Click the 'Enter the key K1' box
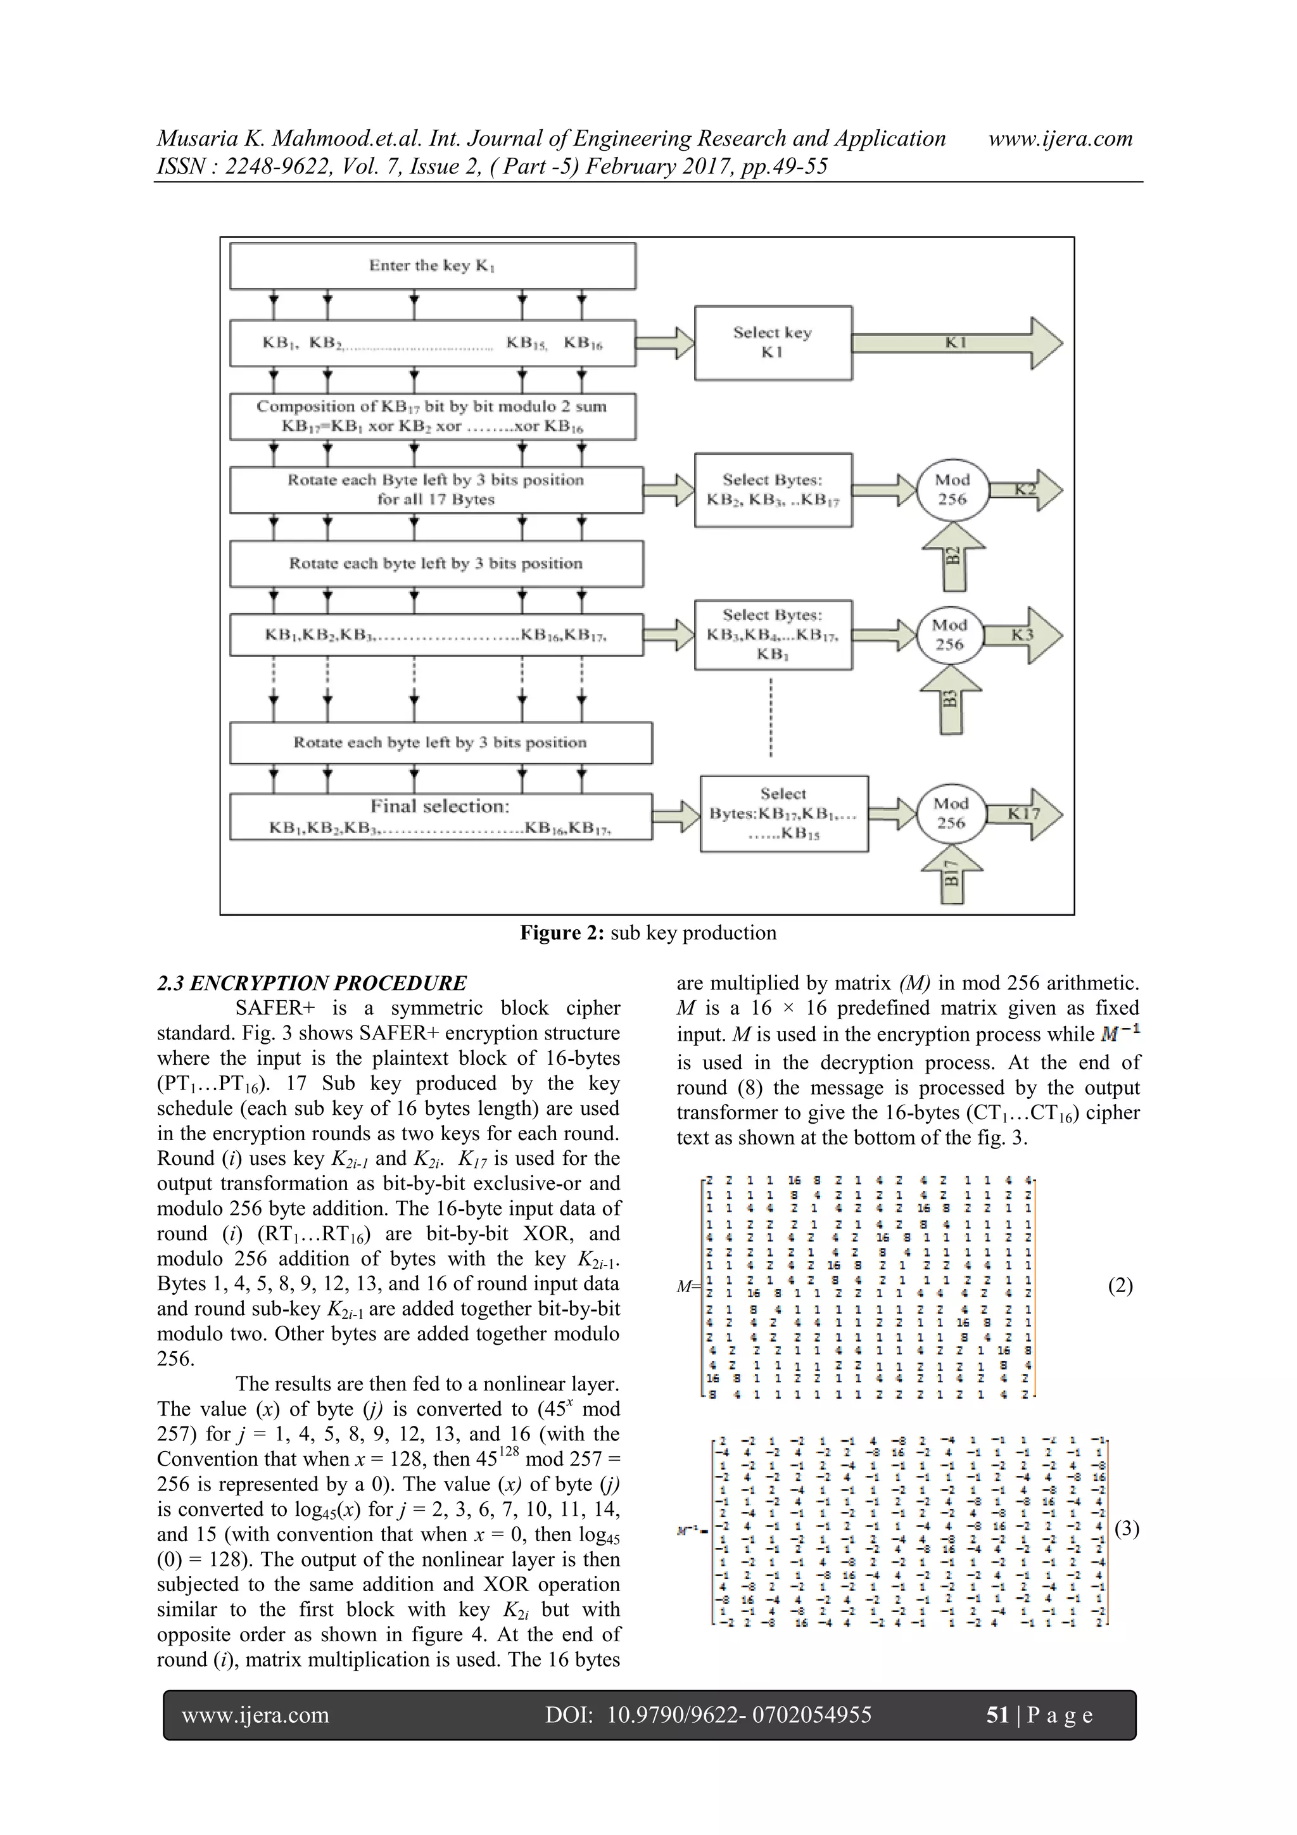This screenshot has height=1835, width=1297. (433, 265)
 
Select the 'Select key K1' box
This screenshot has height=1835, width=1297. (772, 342)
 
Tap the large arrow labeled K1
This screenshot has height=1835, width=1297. (956, 343)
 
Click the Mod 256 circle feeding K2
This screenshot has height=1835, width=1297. (952, 490)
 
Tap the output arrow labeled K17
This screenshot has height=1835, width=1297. (1023, 813)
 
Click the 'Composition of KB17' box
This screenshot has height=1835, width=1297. (433, 416)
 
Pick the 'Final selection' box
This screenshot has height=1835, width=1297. (440, 816)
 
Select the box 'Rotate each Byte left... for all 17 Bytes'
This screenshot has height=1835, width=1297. (436, 489)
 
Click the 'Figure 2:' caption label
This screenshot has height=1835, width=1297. (562, 932)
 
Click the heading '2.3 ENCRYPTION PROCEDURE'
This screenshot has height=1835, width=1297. (312, 983)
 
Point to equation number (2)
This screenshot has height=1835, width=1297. (1120, 1285)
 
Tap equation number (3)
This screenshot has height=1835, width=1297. (1126, 1529)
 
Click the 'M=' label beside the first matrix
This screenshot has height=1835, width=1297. (686, 1286)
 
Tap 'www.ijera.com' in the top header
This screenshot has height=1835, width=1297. (1060, 138)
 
